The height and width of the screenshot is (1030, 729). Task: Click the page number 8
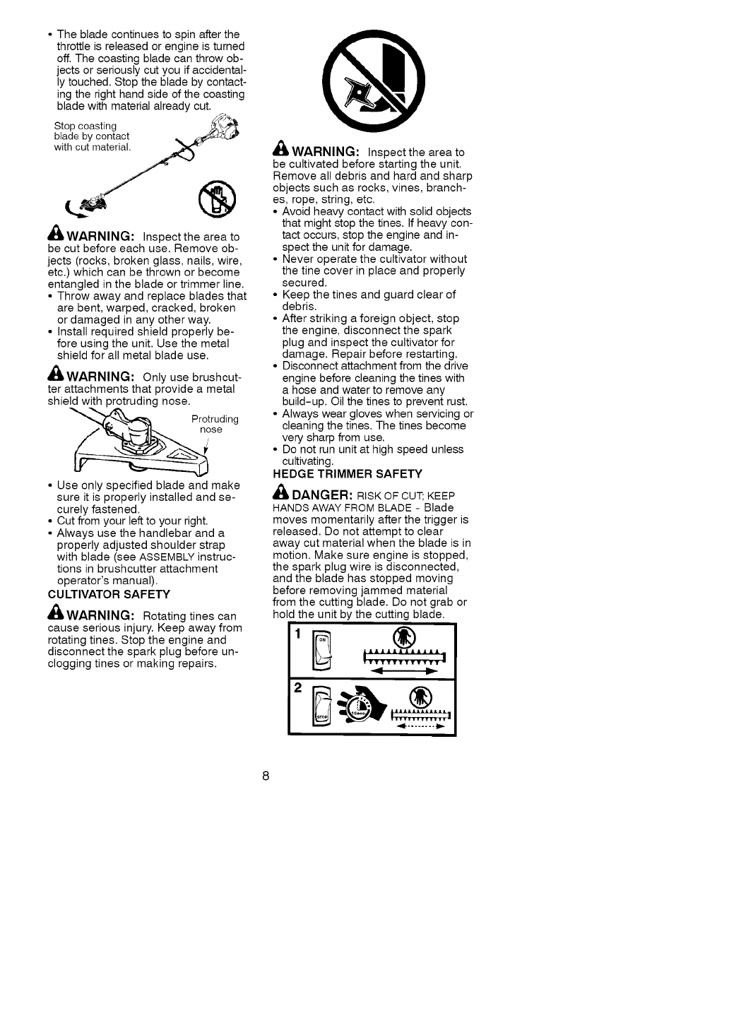tap(266, 776)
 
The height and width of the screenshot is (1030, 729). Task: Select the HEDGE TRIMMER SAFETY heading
tap(347, 473)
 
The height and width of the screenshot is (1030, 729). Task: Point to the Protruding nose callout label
tap(214, 424)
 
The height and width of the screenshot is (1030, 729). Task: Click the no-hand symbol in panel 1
tap(400, 638)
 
